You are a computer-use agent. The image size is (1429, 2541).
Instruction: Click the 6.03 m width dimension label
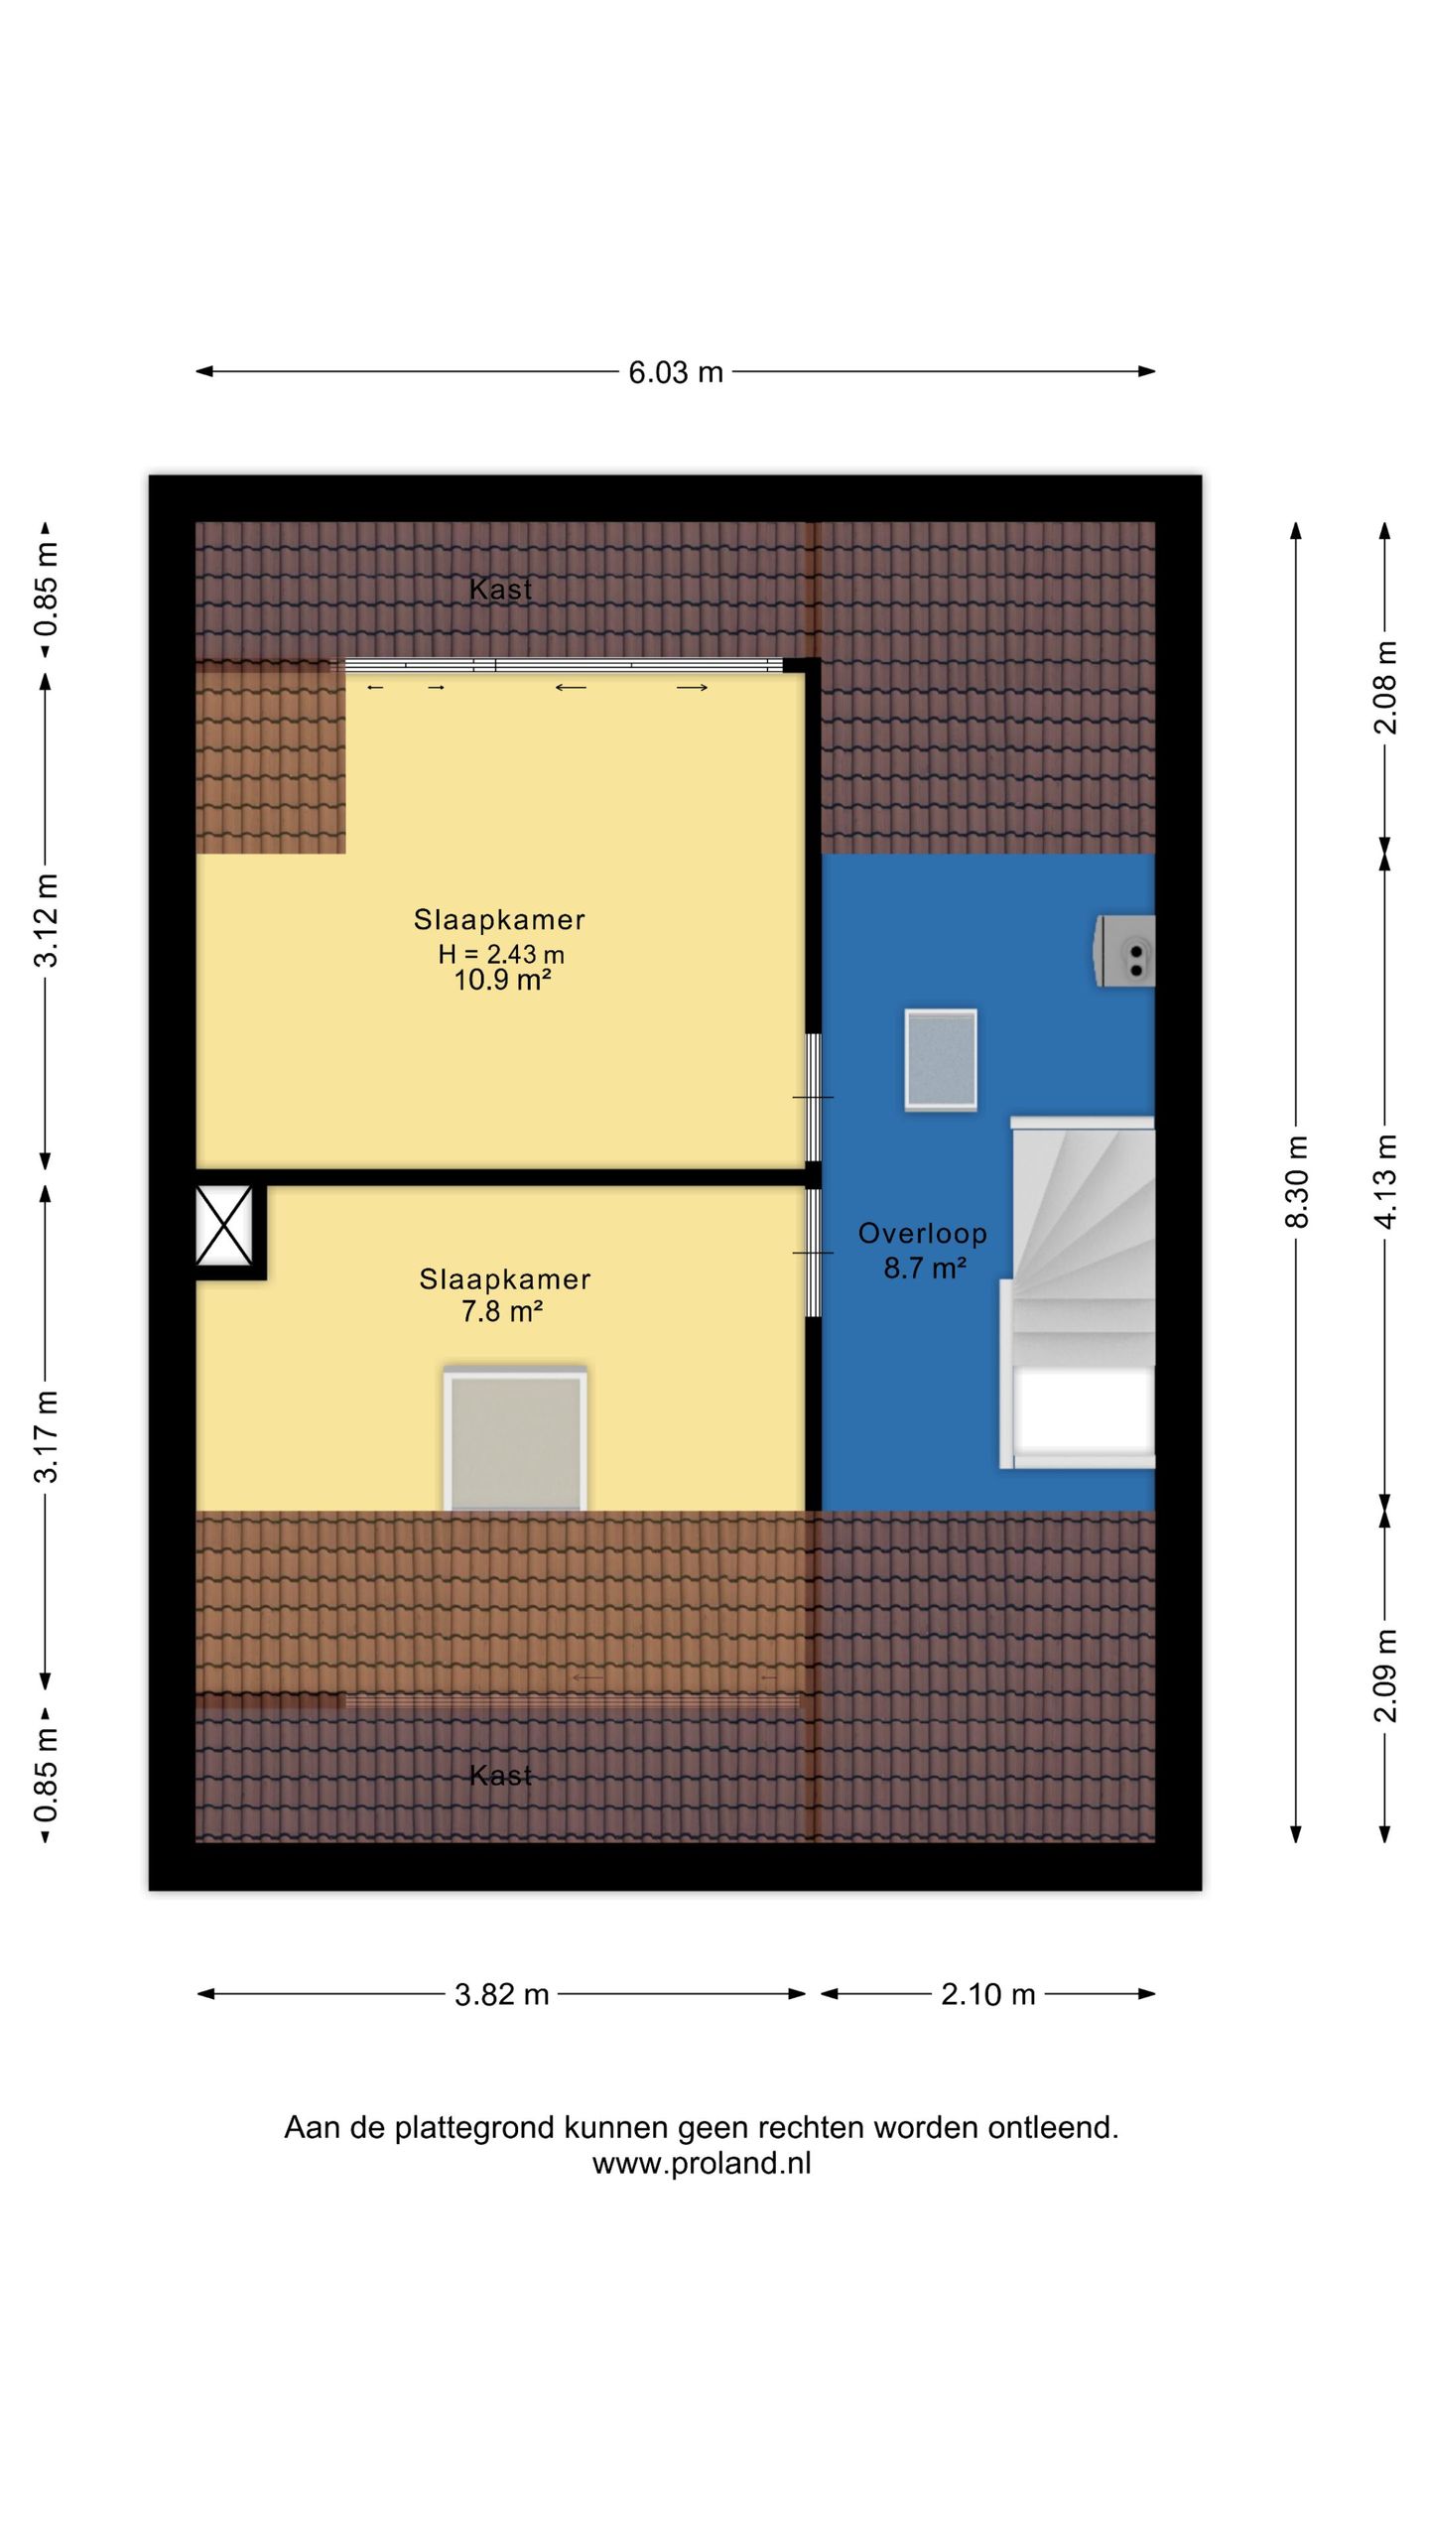coord(676,372)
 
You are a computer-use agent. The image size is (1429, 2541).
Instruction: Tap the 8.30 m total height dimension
coord(1297,1181)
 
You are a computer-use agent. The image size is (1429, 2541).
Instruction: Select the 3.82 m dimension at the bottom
coord(501,1994)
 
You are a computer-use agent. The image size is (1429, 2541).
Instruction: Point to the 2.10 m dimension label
coord(987,1994)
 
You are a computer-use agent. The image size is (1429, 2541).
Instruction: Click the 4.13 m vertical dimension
coord(1385,1181)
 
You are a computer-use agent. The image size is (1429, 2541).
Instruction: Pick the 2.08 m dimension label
coord(1385,688)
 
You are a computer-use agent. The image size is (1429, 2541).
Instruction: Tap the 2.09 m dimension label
coord(1385,1675)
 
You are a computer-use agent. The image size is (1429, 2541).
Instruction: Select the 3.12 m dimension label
coord(46,920)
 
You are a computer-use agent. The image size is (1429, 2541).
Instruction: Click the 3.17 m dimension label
coord(46,1436)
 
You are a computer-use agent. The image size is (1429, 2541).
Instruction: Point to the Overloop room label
coord(923,1234)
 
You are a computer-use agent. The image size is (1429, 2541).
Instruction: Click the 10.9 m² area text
coord(502,981)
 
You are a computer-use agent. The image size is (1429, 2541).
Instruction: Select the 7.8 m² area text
coord(502,1311)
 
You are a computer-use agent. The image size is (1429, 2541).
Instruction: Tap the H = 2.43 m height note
coord(501,954)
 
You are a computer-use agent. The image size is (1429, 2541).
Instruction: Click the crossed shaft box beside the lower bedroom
coord(223,1226)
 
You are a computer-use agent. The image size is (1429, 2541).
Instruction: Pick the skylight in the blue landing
coord(941,1060)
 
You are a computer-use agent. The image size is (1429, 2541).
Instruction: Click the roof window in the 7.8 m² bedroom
coord(515,1438)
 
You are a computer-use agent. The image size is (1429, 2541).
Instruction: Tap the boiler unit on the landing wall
coord(1124,951)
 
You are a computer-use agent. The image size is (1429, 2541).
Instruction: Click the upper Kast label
coord(501,590)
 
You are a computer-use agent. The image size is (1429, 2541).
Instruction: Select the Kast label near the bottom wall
coord(501,1776)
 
